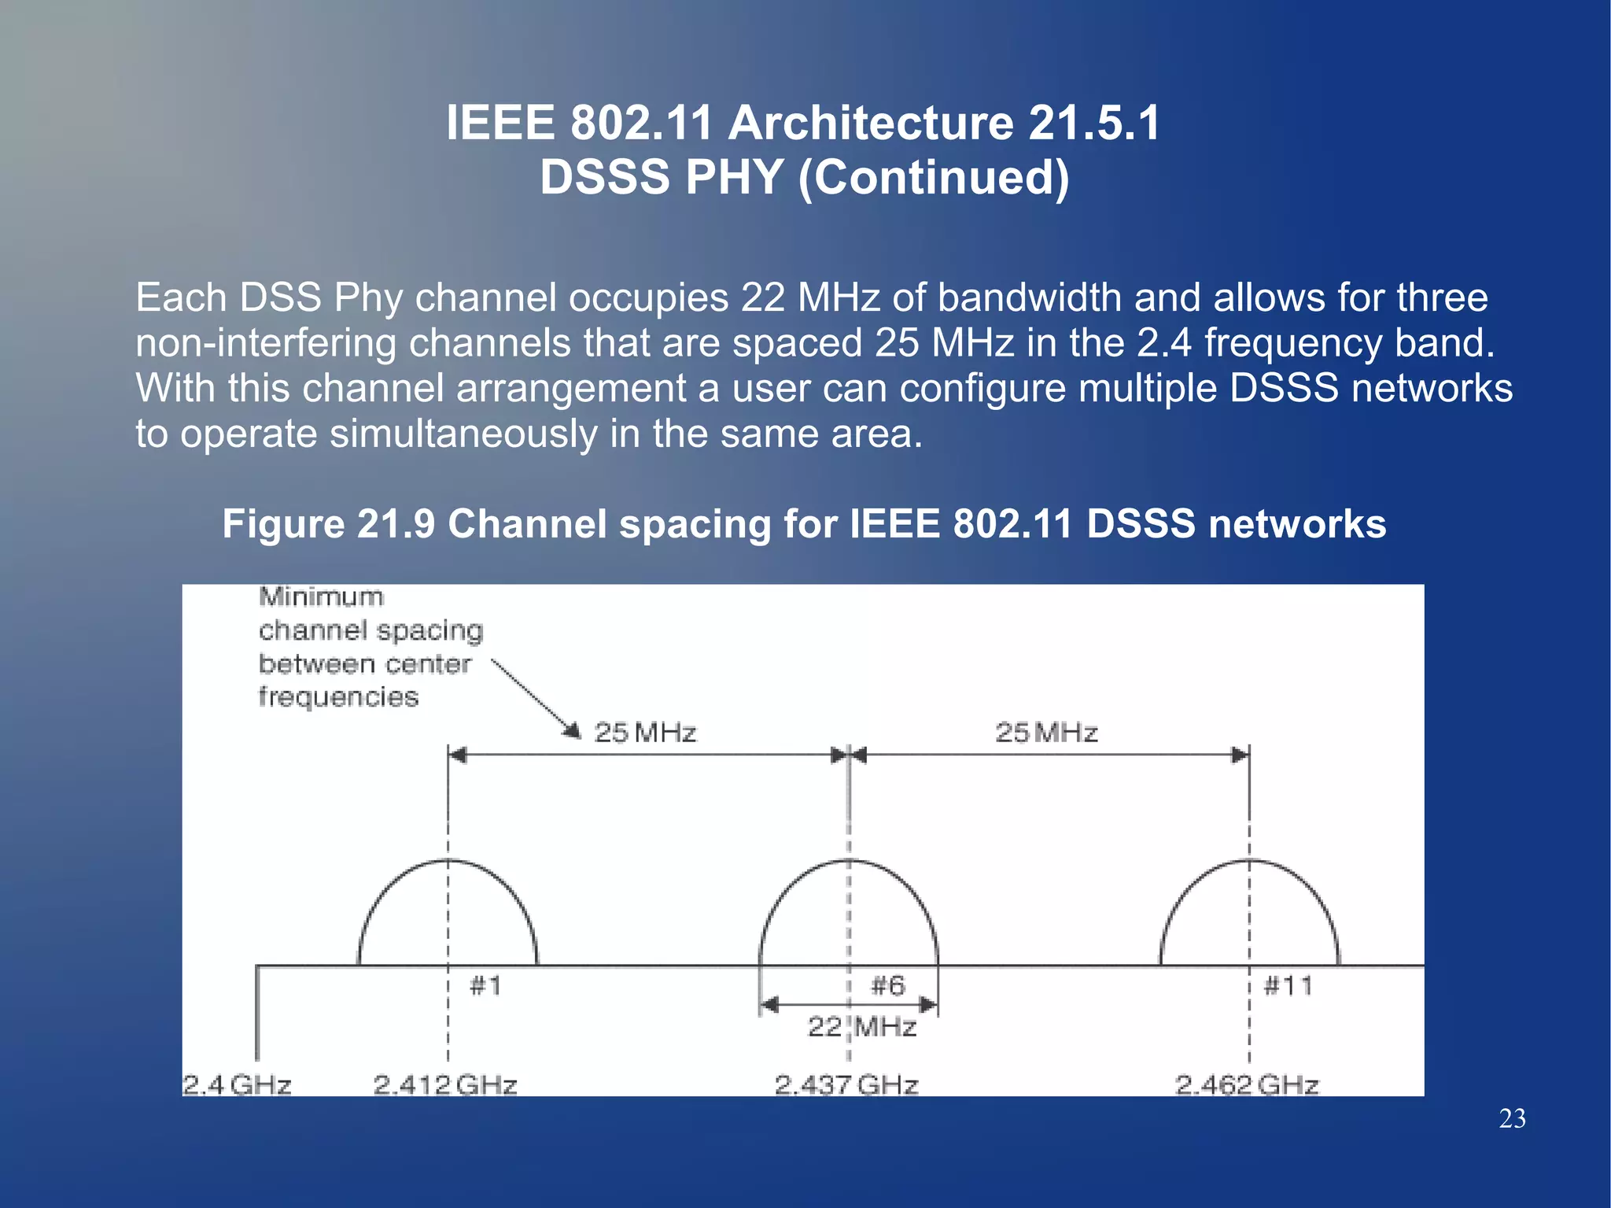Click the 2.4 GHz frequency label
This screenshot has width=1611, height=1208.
point(237,1084)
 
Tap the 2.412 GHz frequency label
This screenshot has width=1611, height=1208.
point(445,1084)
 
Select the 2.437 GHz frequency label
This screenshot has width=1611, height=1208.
point(846,1084)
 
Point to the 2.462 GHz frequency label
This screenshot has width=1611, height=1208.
point(1247,1084)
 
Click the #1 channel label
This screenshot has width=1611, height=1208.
point(485,985)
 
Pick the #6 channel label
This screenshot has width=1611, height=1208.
point(889,985)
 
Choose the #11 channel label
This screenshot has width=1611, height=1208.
point(1288,985)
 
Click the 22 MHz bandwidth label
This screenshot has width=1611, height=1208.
point(863,1026)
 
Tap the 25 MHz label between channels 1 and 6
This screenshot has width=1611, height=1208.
point(645,733)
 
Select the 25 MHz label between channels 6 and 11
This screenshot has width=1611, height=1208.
point(1046,733)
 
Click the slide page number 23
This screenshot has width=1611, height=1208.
point(1512,1118)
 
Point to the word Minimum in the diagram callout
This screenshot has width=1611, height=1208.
point(321,597)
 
